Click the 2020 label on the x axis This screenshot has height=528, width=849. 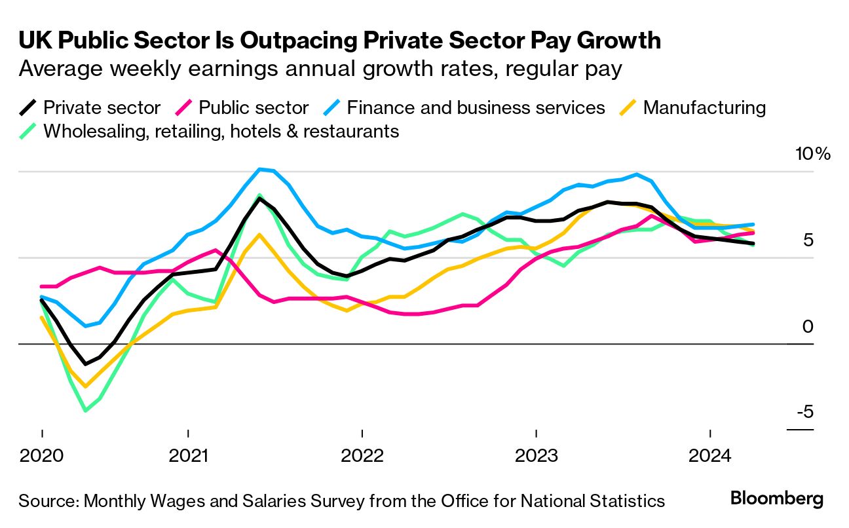[42, 455]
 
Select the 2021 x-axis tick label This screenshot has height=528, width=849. [189, 455]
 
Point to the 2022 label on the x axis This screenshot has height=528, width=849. [362, 455]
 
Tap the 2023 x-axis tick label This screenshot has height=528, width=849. [536, 455]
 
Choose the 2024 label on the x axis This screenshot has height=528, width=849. [710, 455]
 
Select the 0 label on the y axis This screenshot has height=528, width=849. [808, 326]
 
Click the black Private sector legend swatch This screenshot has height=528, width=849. [28, 107]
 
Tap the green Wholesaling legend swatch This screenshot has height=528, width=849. [28, 131]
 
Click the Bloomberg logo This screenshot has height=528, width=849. [777, 499]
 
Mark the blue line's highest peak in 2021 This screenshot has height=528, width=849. [260, 169]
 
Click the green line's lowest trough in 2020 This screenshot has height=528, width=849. [85, 411]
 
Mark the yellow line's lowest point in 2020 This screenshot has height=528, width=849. [85, 387]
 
